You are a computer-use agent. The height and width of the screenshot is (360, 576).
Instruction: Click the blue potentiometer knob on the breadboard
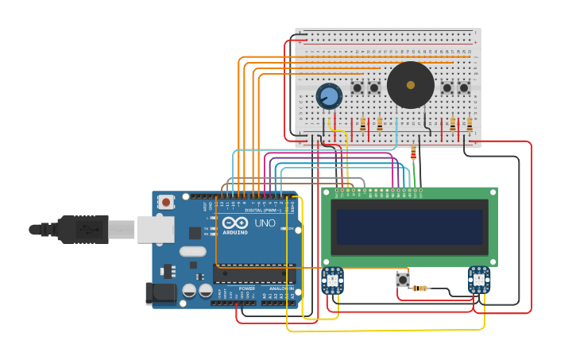[329, 96]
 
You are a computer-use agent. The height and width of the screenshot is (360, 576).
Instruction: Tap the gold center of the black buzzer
[410, 84]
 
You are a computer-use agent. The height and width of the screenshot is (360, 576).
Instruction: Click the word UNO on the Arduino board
[264, 223]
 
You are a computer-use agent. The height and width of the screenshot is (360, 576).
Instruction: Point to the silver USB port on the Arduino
[156, 229]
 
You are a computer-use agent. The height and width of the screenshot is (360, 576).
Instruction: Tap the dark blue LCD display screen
[409, 226]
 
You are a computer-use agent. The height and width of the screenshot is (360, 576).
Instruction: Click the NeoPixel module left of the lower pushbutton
[332, 280]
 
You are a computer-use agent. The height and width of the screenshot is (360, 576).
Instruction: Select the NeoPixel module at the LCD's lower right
[479, 279]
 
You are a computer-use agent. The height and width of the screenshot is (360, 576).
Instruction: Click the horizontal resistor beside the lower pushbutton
[421, 288]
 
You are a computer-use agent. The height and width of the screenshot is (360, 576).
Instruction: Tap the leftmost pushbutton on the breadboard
[358, 87]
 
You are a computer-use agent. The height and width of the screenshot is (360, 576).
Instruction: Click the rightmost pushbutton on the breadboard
[464, 87]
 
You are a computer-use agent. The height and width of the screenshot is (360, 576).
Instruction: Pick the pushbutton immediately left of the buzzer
[373, 87]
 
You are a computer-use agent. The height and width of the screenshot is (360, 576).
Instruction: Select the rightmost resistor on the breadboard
[470, 124]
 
